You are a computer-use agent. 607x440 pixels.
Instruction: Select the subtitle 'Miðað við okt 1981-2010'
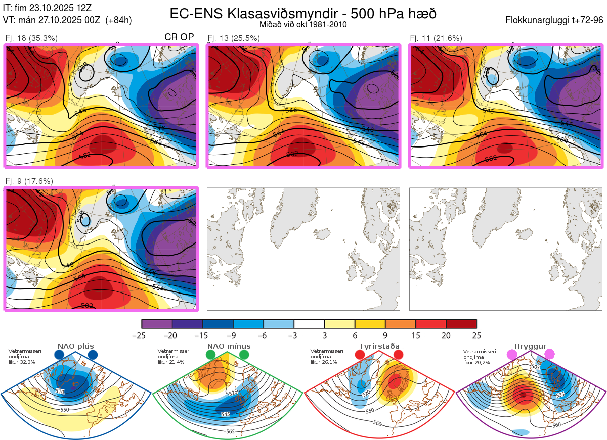303,24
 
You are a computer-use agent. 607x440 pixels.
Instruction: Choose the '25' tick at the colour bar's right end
476,335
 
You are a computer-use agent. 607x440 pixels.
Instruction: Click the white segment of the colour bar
309,324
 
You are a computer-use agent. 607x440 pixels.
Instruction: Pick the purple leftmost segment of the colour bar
157,324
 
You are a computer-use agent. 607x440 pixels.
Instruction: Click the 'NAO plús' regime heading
75,346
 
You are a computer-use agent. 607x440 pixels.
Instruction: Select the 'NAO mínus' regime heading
229,346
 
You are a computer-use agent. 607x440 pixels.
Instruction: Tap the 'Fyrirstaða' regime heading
379,346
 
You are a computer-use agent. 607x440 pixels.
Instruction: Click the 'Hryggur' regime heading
531,346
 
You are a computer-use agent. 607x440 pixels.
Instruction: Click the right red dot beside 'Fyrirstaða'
398,355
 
